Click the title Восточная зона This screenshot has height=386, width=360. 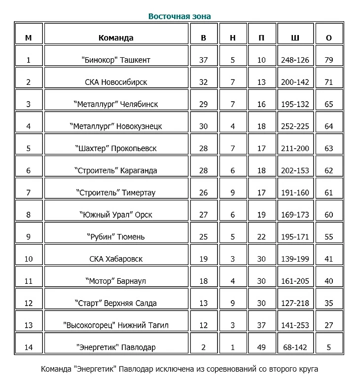[180, 16]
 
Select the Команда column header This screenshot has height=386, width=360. [116, 38]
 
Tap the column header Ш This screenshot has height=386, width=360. [295, 38]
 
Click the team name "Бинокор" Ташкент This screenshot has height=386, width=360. [116, 60]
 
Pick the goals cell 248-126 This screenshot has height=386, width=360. [295, 60]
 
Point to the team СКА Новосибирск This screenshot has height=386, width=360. [116, 82]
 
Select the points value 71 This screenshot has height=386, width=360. [329, 82]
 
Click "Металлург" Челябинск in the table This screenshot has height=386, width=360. [116, 104]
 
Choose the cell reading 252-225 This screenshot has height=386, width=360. [295, 126]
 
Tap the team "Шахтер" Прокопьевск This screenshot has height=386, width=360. [116, 148]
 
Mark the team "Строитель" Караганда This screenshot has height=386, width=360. [116, 170]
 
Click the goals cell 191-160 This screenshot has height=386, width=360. [295, 193]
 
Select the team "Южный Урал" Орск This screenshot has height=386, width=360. [116, 215]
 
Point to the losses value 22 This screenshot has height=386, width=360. [261, 237]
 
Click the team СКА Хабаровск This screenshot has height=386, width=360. [116, 259]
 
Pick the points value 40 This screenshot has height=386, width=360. [329, 281]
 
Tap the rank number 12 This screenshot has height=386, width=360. [28, 303]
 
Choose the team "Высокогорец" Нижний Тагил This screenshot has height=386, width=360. [116, 325]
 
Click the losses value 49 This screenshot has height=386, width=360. [261, 347]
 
